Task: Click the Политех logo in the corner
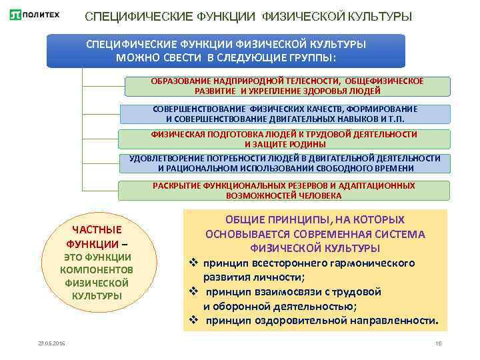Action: coord(34,15)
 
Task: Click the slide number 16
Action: coord(438,343)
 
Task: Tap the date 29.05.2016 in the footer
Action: coord(51,343)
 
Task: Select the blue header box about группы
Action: coord(225,51)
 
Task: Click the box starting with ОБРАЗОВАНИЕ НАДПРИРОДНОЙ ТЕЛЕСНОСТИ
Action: coord(287,86)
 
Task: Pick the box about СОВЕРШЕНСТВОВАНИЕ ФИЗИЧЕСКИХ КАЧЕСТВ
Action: coord(285,113)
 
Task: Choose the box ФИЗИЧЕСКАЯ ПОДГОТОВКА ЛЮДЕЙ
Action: coord(285,139)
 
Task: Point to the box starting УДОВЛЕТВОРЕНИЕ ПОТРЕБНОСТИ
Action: coord(285,163)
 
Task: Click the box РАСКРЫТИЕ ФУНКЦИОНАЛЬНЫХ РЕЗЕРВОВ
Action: coord(284,191)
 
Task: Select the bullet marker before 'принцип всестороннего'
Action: coord(192,262)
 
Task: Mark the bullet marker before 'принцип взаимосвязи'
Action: coord(192,292)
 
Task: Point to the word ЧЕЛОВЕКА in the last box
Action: coord(319,196)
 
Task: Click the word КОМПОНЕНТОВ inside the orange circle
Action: coord(97,270)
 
